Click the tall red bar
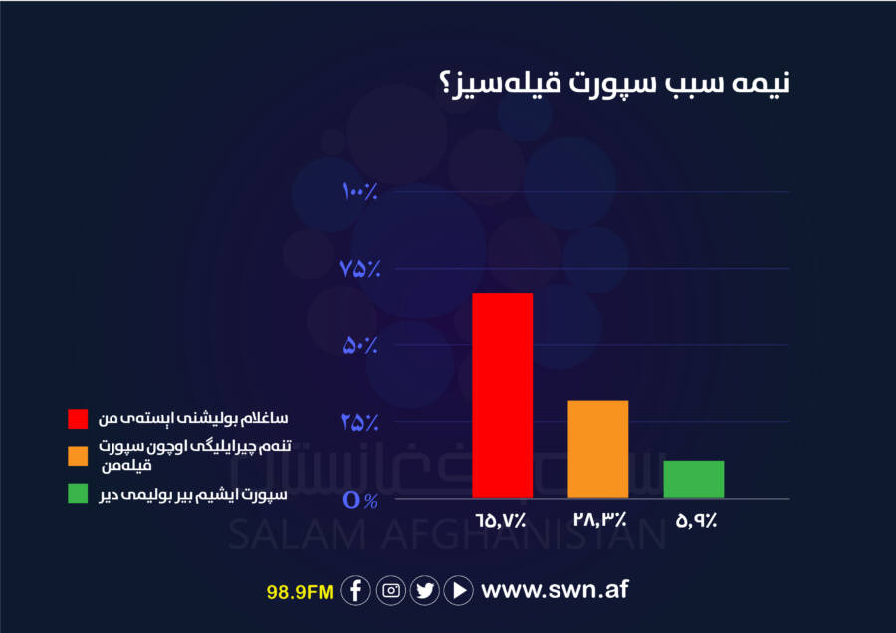pyautogui.click(x=503, y=395)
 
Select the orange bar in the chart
pyautogui.click(x=597, y=449)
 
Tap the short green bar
pyautogui.click(x=694, y=479)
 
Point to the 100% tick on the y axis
pyautogui.click(x=360, y=191)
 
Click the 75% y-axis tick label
pyautogui.click(x=360, y=268)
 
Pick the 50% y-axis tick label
pyautogui.click(x=360, y=345)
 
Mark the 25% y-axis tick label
pyautogui.click(x=360, y=422)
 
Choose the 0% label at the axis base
pyautogui.click(x=360, y=500)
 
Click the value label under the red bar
pyautogui.click(x=501, y=520)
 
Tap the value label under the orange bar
pyautogui.click(x=600, y=520)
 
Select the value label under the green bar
pyautogui.click(x=696, y=520)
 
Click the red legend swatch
pyautogui.click(x=78, y=419)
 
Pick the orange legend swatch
pyautogui.click(x=78, y=456)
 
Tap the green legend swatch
pyautogui.click(x=78, y=493)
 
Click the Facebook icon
pyautogui.click(x=356, y=590)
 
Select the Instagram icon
pyautogui.click(x=391, y=590)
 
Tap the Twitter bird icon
pyautogui.click(x=425, y=590)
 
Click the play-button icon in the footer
pyautogui.click(x=459, y=590)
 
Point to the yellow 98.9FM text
pyautogui.click(x=300, y=592)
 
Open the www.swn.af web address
pyautogui.click(x=555, y=589)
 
